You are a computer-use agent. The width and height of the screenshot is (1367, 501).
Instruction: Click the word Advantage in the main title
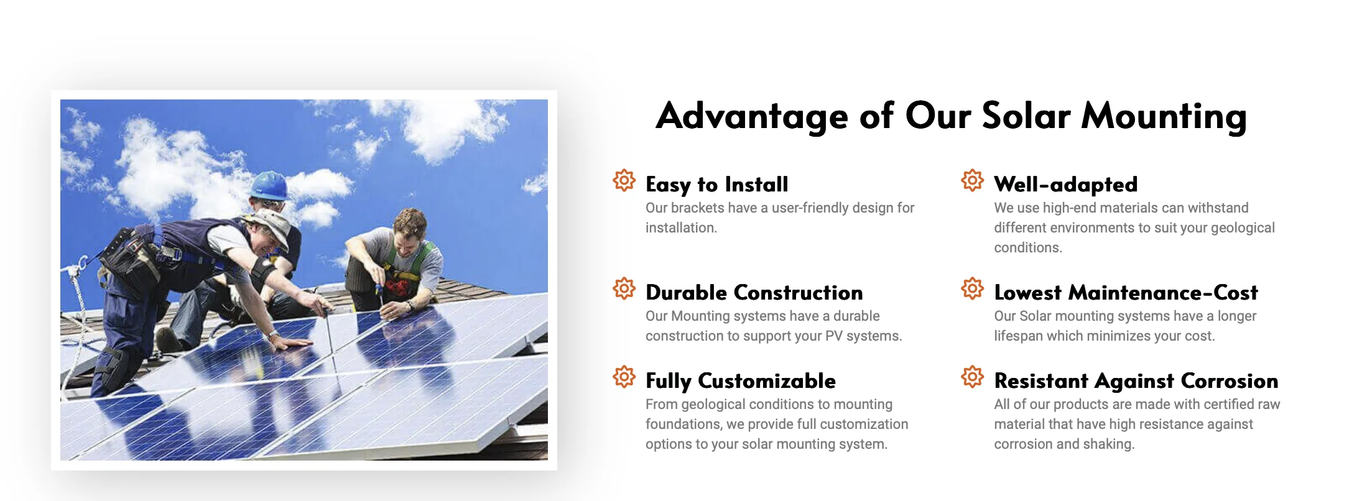point(751,116)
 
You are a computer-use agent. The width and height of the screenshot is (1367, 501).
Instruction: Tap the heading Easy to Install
point(716,185)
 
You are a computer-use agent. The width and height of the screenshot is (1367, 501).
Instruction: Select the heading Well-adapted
point(1065,185)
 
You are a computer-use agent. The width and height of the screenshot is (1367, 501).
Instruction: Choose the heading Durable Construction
point(754,293)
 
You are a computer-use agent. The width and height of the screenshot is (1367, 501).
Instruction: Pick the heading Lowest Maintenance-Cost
point(1126,293)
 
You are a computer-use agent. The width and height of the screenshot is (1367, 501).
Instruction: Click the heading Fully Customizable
point(740,381)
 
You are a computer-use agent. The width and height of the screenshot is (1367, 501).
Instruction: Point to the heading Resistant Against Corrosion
point(1136,381)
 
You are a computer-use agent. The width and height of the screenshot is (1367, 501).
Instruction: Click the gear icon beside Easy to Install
point(624,180)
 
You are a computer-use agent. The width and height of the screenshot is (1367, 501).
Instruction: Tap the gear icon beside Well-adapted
point(972,180)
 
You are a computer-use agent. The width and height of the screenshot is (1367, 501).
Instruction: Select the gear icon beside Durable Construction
point(624,288)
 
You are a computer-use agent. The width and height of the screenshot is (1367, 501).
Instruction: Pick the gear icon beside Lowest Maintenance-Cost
point(972,288)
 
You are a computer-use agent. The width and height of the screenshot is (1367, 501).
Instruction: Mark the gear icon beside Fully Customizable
point(624,377)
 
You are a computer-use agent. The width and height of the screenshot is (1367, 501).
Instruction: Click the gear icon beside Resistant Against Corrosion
point(972,377)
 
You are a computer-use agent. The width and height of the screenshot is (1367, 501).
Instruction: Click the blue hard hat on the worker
point(269,185)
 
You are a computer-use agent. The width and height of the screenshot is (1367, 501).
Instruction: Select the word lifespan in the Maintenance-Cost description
point(1018,336)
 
